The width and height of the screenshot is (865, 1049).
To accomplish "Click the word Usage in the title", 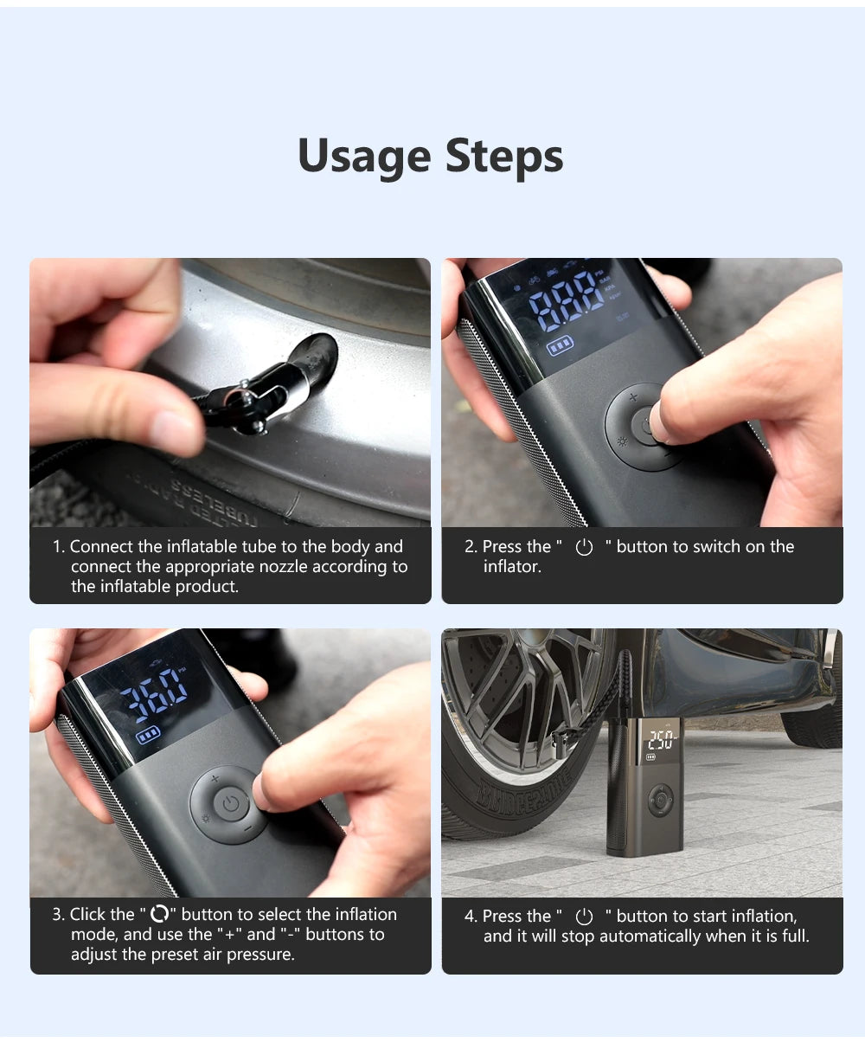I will (x=364, y=157).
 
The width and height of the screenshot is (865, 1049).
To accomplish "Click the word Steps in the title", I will (x=504, y=157).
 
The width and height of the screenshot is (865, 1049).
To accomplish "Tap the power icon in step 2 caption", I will (x=585, y=547).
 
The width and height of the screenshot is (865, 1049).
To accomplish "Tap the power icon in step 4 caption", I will (x=585, y=917).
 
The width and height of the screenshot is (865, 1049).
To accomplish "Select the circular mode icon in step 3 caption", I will (x=159, y=915).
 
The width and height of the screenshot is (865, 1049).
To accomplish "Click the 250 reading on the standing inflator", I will (x=661, y=740).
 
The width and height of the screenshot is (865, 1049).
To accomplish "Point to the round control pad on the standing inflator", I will (x=661, y=801).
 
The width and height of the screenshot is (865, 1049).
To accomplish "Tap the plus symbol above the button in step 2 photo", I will (x=632, y=397).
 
